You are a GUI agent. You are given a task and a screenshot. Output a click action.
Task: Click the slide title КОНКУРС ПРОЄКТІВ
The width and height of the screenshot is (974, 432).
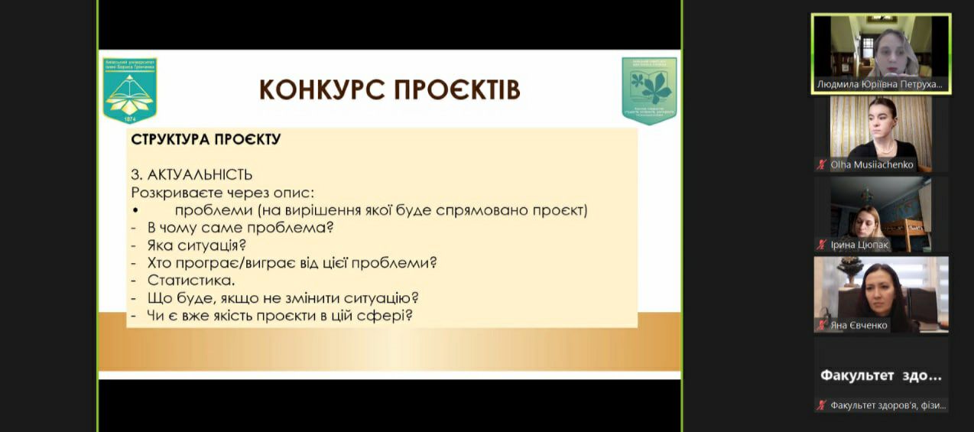389,89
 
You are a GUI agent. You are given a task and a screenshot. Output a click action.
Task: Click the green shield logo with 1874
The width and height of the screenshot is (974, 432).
130,89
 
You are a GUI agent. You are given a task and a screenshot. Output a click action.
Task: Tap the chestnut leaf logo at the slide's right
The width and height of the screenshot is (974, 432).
649,89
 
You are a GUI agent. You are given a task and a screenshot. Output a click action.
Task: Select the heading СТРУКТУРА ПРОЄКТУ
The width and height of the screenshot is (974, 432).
206,139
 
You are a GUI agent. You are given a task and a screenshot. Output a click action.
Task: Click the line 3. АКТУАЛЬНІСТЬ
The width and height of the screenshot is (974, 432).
192,175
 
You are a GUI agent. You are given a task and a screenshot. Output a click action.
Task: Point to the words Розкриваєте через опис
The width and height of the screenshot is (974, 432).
222,193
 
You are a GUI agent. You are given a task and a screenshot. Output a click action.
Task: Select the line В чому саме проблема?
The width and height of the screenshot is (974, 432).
241,228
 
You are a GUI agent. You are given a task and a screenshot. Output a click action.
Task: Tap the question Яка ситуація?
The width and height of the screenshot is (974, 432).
196,245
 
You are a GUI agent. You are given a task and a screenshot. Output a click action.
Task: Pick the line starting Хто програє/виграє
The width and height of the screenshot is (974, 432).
291,263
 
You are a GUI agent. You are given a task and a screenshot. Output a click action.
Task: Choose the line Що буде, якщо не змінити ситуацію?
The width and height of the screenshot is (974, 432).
283,298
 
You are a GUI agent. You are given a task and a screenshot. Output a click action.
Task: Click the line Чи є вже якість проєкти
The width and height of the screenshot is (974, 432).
280,315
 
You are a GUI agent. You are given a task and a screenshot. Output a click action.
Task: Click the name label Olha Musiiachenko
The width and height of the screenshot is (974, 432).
872,164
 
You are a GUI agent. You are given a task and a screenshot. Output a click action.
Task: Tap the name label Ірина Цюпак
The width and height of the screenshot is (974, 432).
859,245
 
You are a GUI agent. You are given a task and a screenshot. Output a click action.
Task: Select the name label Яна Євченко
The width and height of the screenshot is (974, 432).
859,325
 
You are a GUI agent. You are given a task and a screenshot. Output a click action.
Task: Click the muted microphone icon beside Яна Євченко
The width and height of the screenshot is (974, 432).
822,325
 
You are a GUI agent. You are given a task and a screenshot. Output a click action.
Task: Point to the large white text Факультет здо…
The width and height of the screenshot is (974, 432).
881,375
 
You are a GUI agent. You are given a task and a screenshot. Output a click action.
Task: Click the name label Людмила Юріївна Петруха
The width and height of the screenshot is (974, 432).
880,85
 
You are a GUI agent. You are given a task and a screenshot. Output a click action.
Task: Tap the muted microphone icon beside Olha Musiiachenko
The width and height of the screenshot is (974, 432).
822,164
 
